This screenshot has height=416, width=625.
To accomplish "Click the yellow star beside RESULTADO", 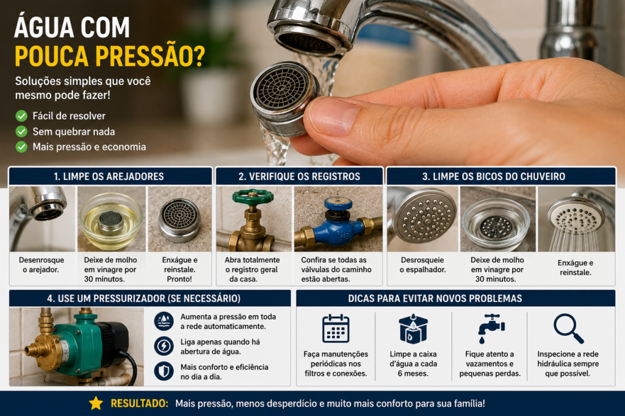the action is click(x=96, y=403).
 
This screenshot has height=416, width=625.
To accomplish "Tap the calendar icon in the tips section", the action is click(x=336, y=329).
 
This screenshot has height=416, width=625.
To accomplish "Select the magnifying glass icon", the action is click(x=568, y=329).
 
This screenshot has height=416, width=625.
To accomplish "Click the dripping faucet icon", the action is click(x=491, y=328).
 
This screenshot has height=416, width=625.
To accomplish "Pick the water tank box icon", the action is click(x=413, y=329).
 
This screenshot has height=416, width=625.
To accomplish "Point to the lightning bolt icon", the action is click(x=164, y=346).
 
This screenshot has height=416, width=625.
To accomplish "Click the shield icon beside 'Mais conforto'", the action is click(x=164, y=371).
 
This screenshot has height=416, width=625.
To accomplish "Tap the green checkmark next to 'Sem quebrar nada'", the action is click(x=21, y=132).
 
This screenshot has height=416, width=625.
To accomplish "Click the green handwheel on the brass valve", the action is click(x=253, y=197).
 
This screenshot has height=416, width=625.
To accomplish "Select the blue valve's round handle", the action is click(x=338, y=204).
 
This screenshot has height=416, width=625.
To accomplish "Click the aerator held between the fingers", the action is click(x=284, y=98).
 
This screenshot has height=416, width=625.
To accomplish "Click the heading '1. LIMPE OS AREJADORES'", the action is click(x=109, y=176).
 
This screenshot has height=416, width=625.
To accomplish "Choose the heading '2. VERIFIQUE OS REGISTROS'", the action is click(x=299, y=176).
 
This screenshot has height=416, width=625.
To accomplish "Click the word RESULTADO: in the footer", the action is click(x=140, y=403).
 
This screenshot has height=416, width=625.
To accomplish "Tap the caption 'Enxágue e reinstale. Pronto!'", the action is click(x=179, y=270).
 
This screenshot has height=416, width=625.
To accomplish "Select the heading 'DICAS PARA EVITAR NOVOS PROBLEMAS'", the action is click(x=435, y=298).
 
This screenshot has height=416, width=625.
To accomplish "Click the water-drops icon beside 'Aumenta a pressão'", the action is click(x=164, y=321).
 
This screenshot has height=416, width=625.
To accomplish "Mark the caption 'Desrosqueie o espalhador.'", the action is click(x=422, y=265).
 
